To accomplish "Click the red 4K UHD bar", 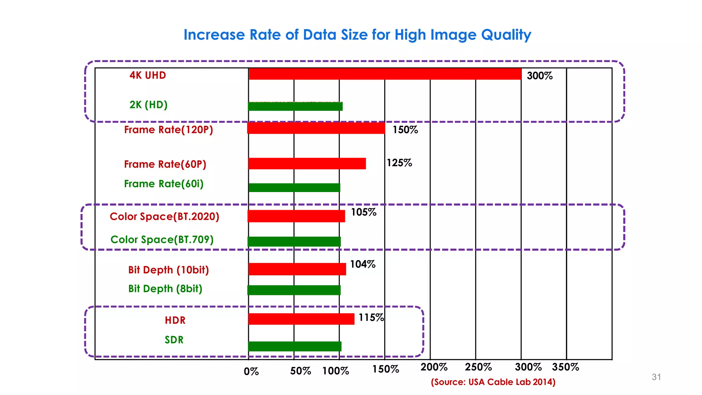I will tap(385, 74).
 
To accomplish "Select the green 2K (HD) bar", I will tap(295, 107).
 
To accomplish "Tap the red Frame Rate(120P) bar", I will tap(316, 128).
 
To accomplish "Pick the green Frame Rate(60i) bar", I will tap(294, 188).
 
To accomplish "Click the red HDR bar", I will tap(301, 319).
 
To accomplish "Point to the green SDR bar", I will tap(295, 346).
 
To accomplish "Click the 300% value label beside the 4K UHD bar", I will tap(540, 76).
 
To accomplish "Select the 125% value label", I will tap(399, 163).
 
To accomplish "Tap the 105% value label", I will tap(364, 212).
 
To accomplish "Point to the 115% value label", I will tap(371, 318).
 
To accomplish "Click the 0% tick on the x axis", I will tap(251, 372).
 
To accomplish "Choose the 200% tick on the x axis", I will tap(434, 367).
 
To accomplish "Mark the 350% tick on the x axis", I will tap(566, 367).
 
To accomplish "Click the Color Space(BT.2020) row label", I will tap(165, 217).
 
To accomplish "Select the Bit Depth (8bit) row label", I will tap(165, 289).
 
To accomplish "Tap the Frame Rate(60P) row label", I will tap(165, 164).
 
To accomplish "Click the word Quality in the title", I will tap(506, 35).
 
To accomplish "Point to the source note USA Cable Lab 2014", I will tap(493, 382).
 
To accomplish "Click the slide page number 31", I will tap(656, 377).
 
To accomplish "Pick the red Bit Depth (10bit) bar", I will tap(297, 269).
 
